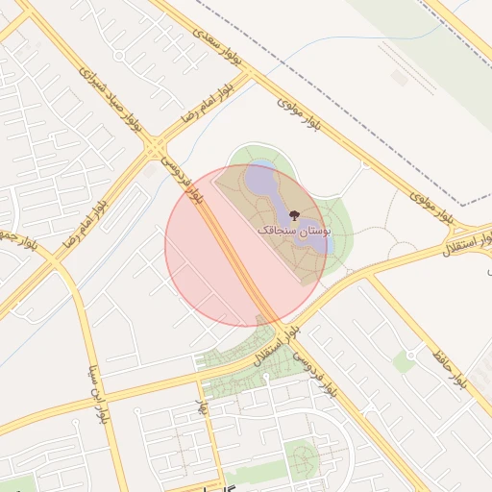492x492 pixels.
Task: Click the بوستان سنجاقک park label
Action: point(294,231)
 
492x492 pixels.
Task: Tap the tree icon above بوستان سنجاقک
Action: point(294,215)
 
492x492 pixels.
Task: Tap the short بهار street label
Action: point(202,406)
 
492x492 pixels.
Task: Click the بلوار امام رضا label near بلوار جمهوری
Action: point(83,223)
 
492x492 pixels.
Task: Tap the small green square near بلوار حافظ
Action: point(405,362)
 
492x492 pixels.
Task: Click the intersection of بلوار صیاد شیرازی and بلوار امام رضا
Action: point(154,150)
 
